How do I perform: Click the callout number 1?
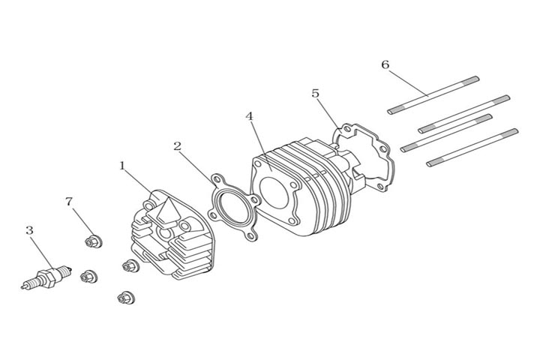122,164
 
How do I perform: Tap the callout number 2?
177,145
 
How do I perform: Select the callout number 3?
29,230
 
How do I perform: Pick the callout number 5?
316,93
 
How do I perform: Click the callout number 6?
385,64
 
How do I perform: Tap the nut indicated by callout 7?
94,241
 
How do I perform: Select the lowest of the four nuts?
124,298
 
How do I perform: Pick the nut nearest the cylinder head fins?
130,265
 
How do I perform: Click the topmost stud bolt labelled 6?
433,94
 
